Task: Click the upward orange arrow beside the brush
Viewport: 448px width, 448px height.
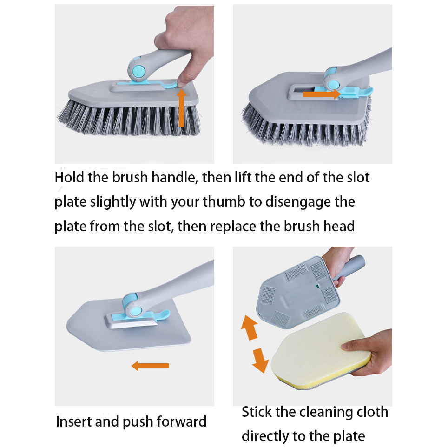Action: click(x=181, y=108)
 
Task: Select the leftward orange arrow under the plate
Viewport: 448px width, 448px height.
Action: click(x=150, y=366)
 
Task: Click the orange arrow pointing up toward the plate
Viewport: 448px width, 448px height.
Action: click(x=250, y=328)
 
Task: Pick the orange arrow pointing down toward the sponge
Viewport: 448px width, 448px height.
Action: click(x=260, y=360)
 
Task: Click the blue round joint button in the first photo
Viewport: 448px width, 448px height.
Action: click(x=139, y=71)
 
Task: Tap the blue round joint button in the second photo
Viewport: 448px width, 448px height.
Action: click(x=333, y=85)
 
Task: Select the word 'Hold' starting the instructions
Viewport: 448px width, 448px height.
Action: click(x=69, y=177)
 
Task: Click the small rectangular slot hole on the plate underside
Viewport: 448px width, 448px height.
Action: click(x=317, y=286)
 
